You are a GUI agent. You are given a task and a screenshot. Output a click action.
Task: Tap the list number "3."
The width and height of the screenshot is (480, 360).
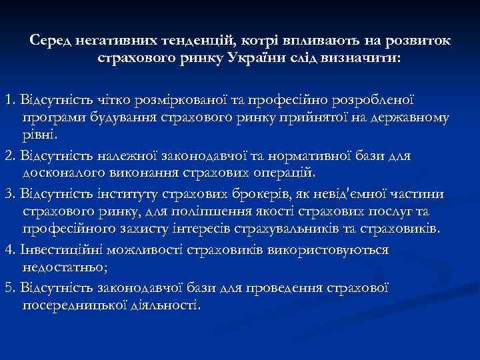[9, 194]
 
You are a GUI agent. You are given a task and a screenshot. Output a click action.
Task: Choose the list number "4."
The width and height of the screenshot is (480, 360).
[9, 249]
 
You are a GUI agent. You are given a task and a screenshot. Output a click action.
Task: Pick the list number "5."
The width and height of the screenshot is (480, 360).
[9, 287]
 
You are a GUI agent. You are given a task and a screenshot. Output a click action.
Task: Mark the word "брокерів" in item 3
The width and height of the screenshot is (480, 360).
[235, 194]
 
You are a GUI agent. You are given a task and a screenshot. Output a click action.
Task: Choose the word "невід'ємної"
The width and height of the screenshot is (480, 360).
[337, 194]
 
